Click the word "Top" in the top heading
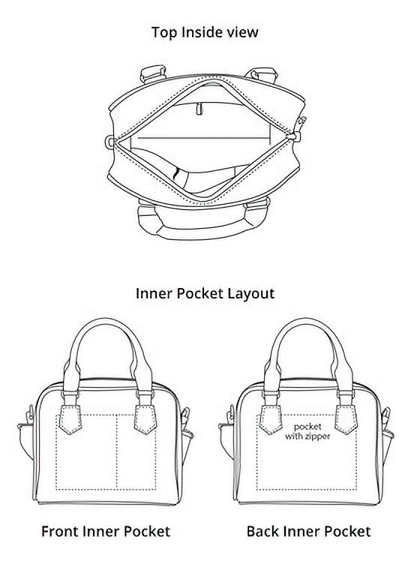point(164,32)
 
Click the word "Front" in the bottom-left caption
point(60,531)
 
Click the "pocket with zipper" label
point(307,431)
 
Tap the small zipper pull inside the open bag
point(199,109)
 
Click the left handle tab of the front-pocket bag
point(70,419)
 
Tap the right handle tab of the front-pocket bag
point(145,419)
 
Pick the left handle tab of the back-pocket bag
point(271,419)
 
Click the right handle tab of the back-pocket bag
point(346,419)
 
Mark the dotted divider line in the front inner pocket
point(116,452)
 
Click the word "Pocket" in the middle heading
point(200,293)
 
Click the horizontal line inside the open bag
point(204,138)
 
